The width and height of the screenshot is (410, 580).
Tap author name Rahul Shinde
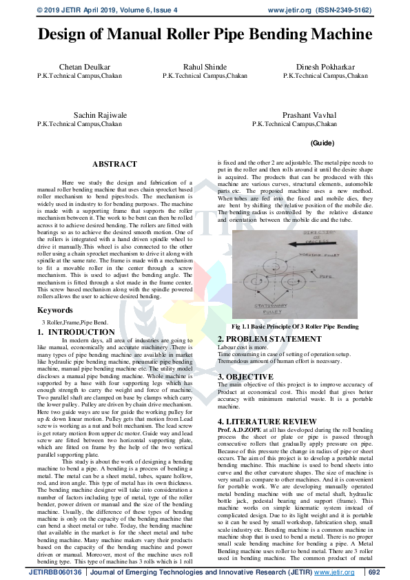tap(205, 67)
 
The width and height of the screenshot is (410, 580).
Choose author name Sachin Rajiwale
tap(101, 115)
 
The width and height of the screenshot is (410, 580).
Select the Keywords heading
tap(55, 310)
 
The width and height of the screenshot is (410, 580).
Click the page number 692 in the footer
tap(373, 572)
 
